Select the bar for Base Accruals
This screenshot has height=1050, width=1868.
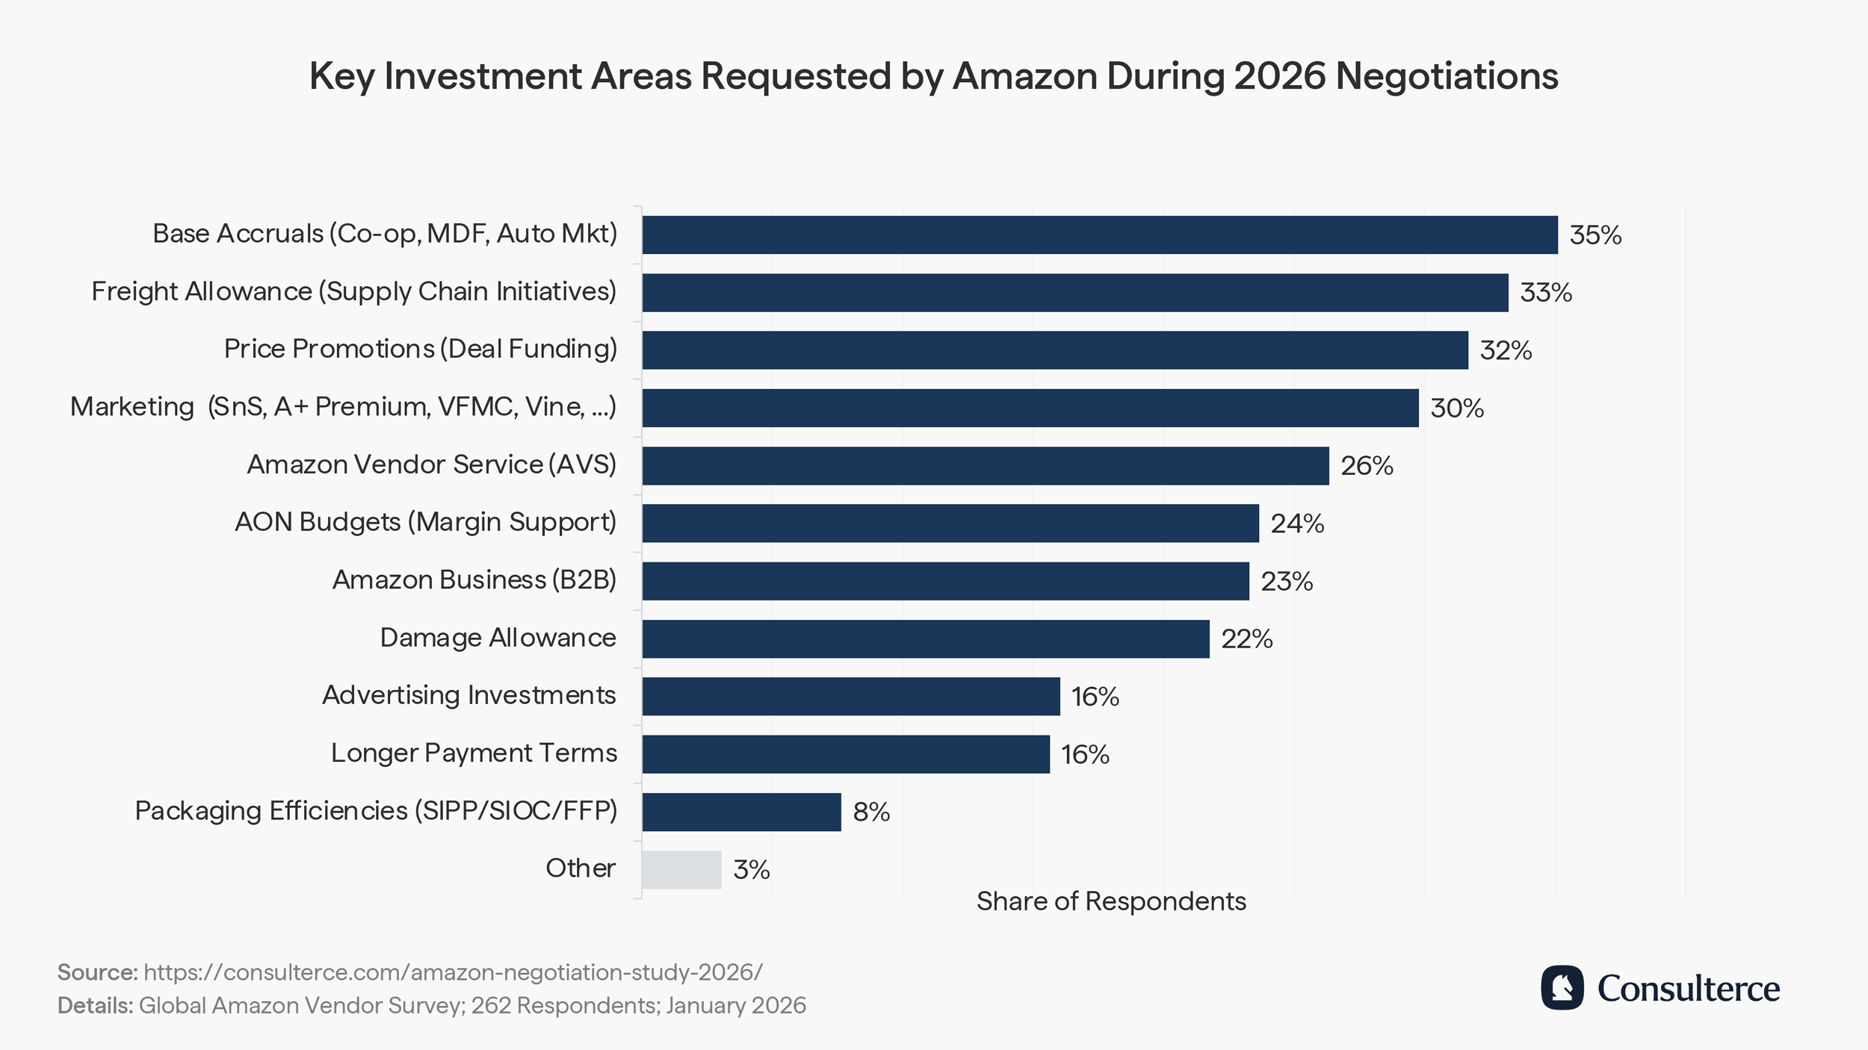[1099, 234]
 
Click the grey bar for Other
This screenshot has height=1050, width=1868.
[681, 869]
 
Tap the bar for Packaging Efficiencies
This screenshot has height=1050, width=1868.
[741, 812]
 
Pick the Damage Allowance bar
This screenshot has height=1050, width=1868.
[925, 639]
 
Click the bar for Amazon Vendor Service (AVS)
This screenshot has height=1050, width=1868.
[985, 466]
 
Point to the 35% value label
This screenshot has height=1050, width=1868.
[1595, 235]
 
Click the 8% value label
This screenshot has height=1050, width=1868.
[871, 812]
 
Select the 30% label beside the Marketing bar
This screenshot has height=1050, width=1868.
[1456, 408]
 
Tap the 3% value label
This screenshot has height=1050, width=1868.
[751, 869]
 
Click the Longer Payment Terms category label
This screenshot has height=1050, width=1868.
[474, 753]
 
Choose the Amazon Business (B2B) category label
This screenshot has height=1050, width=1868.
[474, 580]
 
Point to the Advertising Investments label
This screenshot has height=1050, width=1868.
[468, 695]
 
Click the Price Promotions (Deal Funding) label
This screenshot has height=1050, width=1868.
[421, 349]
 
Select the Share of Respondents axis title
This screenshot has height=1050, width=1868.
[1111, 901]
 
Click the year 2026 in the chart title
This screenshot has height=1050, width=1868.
[1279, 76]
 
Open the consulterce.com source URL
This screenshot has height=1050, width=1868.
[453, 972]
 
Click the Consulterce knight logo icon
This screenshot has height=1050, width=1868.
[1562, 987]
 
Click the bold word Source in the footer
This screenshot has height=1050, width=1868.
[97, 972]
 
